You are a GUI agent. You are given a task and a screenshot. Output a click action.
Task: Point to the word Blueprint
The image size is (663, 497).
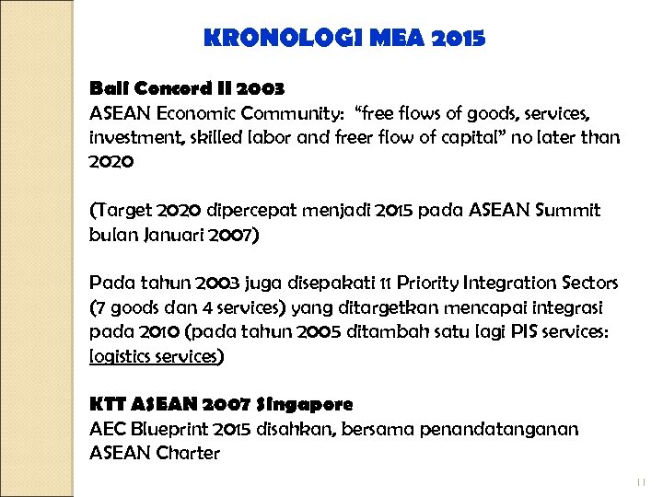tap(170, 429)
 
